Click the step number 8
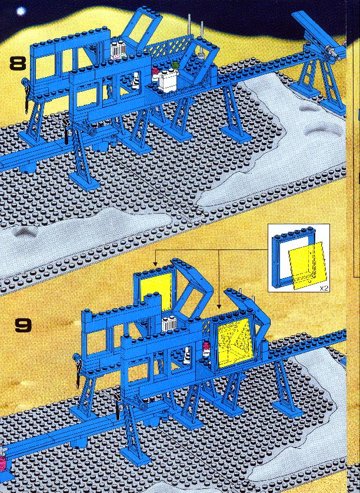click(x=17, y=63)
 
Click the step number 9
click(x=24, y=325)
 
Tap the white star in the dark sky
click(x=21, y=12)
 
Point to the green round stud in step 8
click(x=175, y=65)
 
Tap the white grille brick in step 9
click(x=169, y=324)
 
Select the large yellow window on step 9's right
click(x=235, y=343)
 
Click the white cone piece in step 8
click(x=135, y=80)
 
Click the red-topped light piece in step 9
click(x=206, y=349)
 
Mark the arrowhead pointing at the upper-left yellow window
click(x=155, y=264)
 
